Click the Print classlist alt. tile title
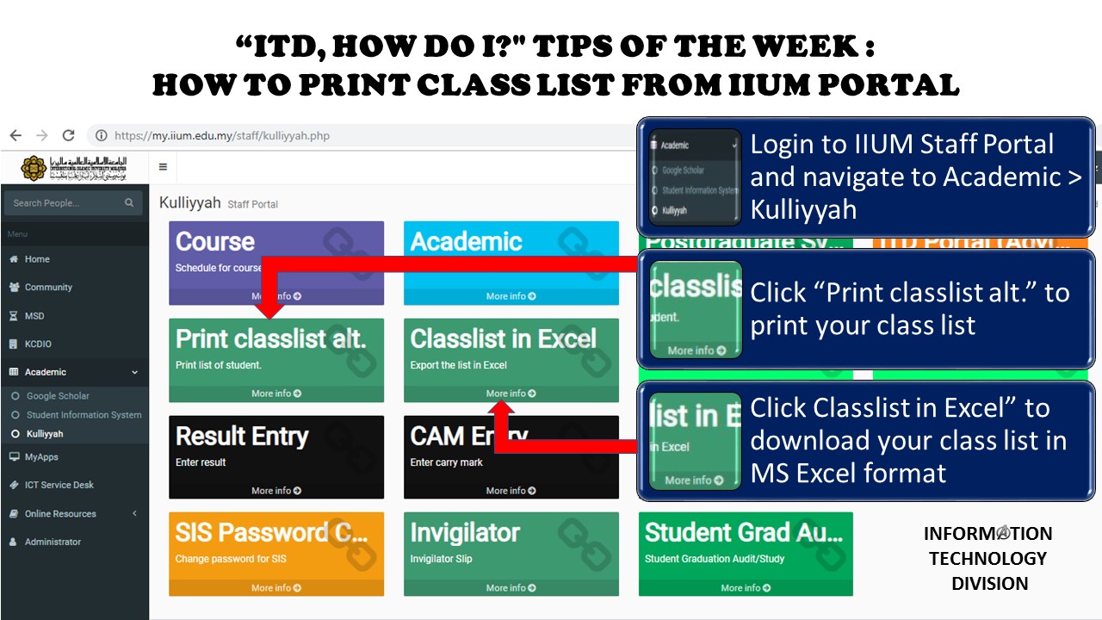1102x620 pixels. coord(270,339)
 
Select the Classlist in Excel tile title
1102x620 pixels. coord(503,339)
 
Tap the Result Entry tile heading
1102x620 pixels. coord(242,437)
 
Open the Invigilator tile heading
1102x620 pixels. coord(465,533)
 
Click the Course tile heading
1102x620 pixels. coord(215,242)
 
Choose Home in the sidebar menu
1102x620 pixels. coord(37,259)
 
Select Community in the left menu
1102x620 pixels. coord(48,288)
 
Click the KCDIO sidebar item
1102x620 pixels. coord(38,344)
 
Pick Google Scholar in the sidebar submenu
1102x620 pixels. coord(58,396)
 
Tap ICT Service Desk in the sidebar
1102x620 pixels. coord(59,485)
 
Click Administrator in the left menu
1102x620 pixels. coord(53,542)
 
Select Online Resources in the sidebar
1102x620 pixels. coord(60,514)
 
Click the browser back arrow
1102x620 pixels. coord(15,135)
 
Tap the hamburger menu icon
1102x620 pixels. coord(163,167)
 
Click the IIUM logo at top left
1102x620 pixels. coord(73,167)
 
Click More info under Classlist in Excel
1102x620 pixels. coord(511,394)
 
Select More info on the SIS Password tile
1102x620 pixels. coord(275,588)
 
